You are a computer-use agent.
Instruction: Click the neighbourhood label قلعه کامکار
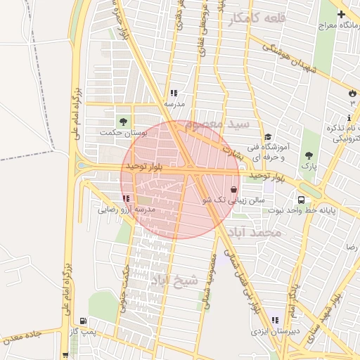pyautogui.click(x=257, y=18)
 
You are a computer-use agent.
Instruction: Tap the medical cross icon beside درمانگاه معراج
pyautogui.click(x=342, y=14)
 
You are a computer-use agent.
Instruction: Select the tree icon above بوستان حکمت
pyautogui.click(x=124, y=121)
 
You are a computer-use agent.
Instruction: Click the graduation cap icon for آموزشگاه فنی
pyautogui.click(x=267, y=137)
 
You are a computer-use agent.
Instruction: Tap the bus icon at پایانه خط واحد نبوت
pyautogui.click(x=301, y=199)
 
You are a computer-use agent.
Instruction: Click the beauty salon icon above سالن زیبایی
pyautogui.click(x=233, y=189)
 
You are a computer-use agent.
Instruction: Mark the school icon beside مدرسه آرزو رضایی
pyautogui.click(x=125, y=199)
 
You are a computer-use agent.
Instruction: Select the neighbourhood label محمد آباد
pyautogui.click(x=260, y=232)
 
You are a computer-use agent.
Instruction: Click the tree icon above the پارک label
pyautogui.click(x=309, y=155)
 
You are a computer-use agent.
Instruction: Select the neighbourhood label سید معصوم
pyautogui.click(x=225, y=124)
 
